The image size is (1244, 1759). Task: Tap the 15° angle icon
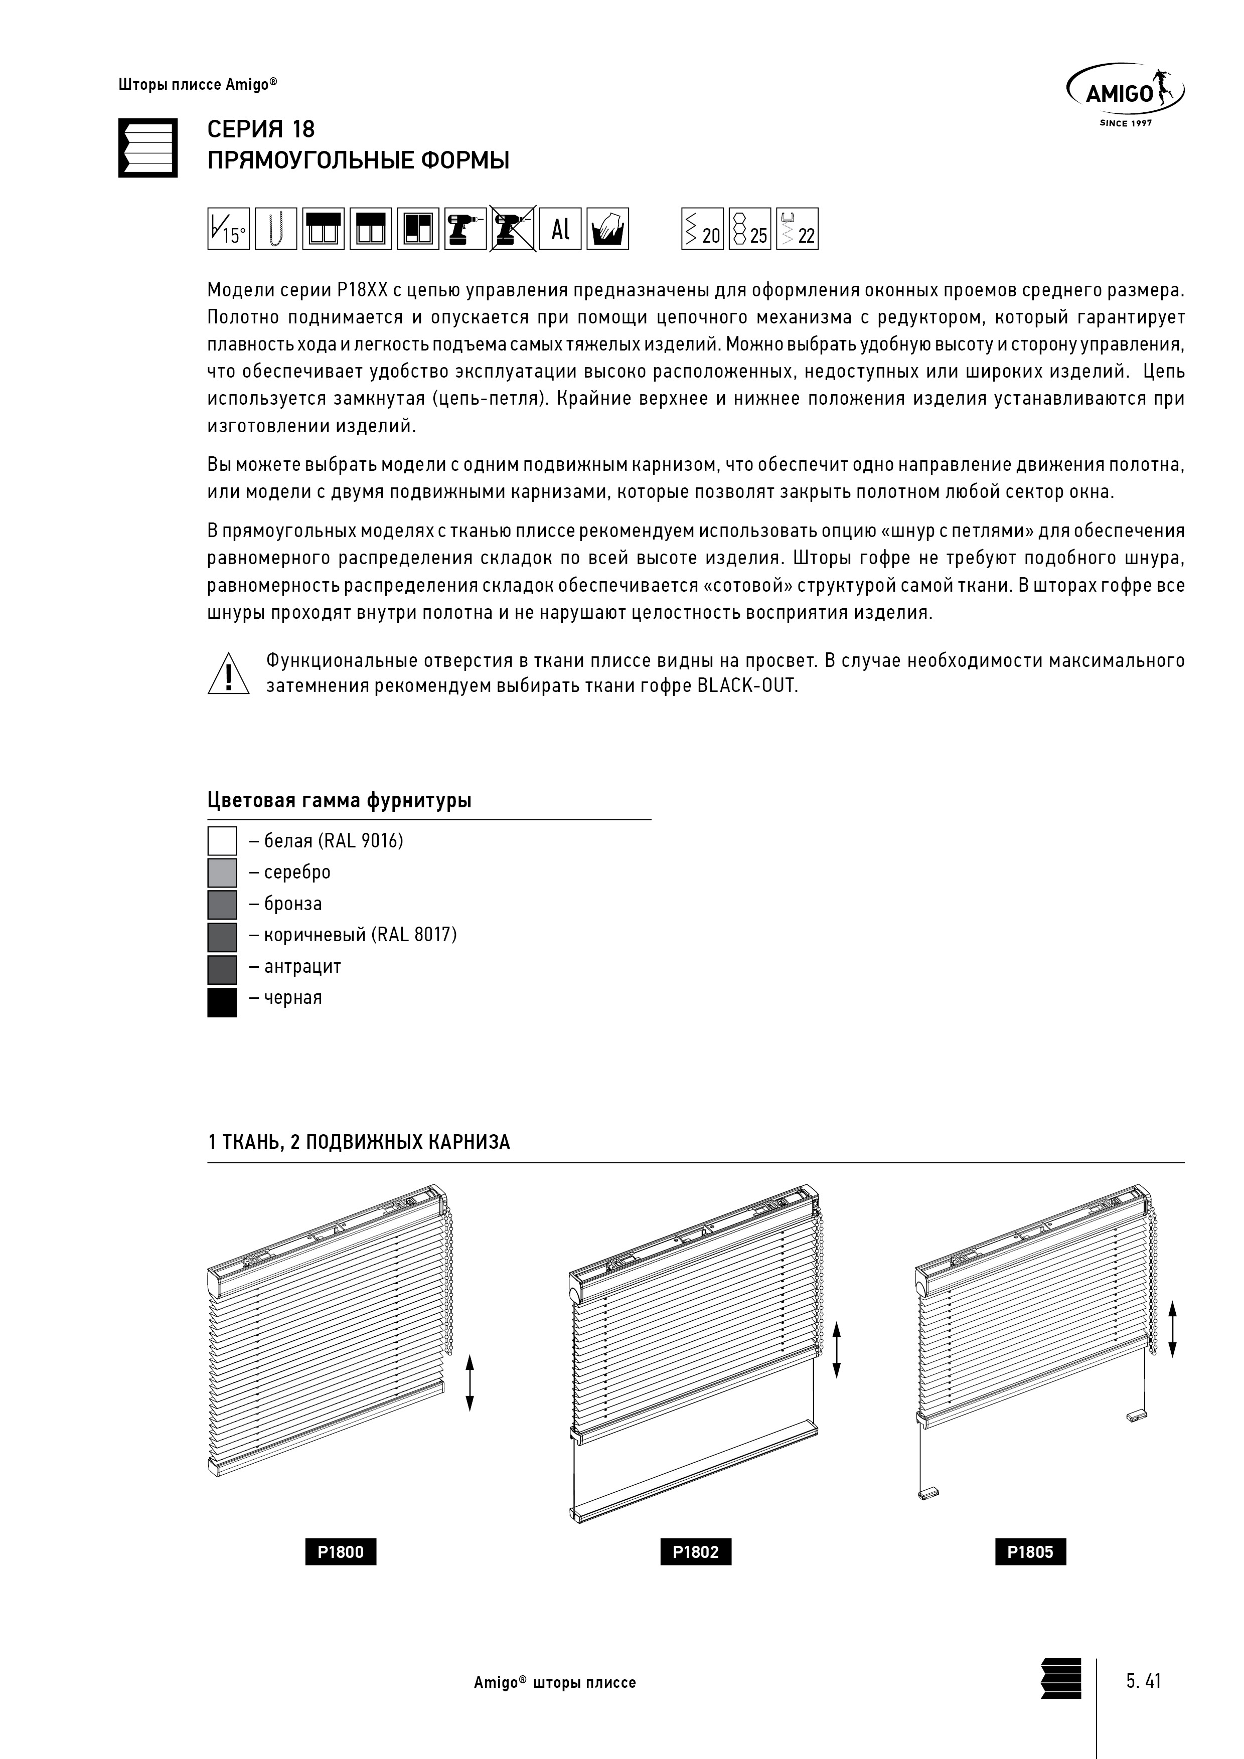click(x=228, y=228)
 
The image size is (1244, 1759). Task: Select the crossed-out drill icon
click(x=512, y=228)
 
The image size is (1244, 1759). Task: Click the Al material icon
click(x=560, y=228)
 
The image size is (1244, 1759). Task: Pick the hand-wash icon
click(x=608, y=228)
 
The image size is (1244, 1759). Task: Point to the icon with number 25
click(x=749, y=228)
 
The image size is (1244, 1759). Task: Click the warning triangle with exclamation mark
click(x=228, y=674)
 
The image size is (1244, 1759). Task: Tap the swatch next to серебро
click(x=222, y=872)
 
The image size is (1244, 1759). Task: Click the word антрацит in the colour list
click(x=303, y=967)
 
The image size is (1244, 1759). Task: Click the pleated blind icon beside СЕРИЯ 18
click(x=148, y=148)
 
